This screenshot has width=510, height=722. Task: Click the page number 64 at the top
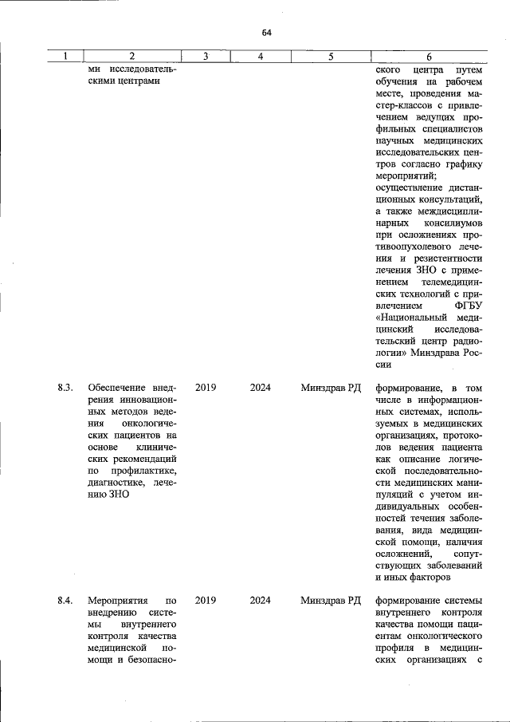pyautogui.click(x=266, y=33)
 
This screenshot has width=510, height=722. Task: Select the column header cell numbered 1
pyautogui.click(x=65, y=57)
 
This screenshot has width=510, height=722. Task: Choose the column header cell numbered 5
pyautogui.click(x=331, y=57)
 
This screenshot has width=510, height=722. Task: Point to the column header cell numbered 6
pyautogui.click(x=429, y=57)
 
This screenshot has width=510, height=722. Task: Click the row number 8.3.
pyautogui.click(x=65, y=388)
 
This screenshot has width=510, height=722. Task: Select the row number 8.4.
pyautogui.click(x=65, y=599)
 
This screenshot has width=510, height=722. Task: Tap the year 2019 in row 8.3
pyautogui.click(x=205, y=388)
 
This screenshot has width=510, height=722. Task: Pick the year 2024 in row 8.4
pyautogui.click(x=260, y=599)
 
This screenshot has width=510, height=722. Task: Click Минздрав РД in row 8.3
pyautogui.click(x=331, y=388)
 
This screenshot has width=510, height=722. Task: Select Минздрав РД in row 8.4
pyautogui.click(x=331, y=599)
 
